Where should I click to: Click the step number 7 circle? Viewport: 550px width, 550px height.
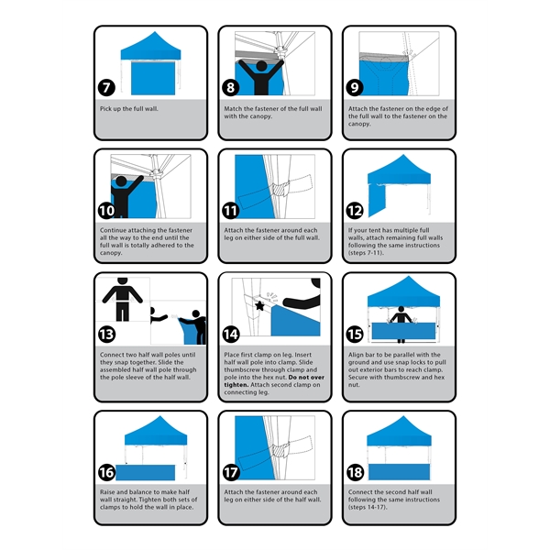click(107, 89)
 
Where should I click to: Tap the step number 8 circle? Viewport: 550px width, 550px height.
click(231, 89)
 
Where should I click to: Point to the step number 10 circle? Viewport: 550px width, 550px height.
click(108, 210)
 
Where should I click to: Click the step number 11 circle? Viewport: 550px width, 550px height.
click(231, 210)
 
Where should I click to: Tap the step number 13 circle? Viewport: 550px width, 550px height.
click(108, 334)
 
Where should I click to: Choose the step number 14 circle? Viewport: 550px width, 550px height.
click(231, 334)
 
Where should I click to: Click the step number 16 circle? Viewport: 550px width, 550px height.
click(108, 472)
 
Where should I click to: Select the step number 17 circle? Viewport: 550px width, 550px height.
click(231, 472)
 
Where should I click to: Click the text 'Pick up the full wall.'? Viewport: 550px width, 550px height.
click(129, 108)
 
